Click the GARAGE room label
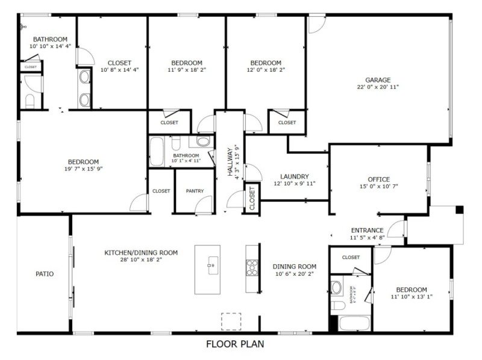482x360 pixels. click(x=378, y=79)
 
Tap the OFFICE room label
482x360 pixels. click(x=378, y=179)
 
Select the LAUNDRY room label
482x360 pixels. click(x=294, y=176)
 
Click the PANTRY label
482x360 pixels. click(x=195, y=191)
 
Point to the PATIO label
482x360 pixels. click(x=45, y=274)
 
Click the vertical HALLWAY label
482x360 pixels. click(x=230, y=161)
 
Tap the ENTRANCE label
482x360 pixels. click(x=367, y=230)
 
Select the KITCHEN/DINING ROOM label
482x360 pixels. click(x=141, y=253)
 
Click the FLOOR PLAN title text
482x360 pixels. click(x=235, y=345)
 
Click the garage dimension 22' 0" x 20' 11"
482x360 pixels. click(x=378, y=87)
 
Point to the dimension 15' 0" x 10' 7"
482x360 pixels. click(x=378, y=187)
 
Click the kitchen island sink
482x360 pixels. click(x=212, y=265)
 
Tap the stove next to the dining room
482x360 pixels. click(x=252, y=266)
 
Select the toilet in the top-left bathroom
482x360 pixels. click(x=30, y=99)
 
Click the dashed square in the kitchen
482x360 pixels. click(x=230, y=321)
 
